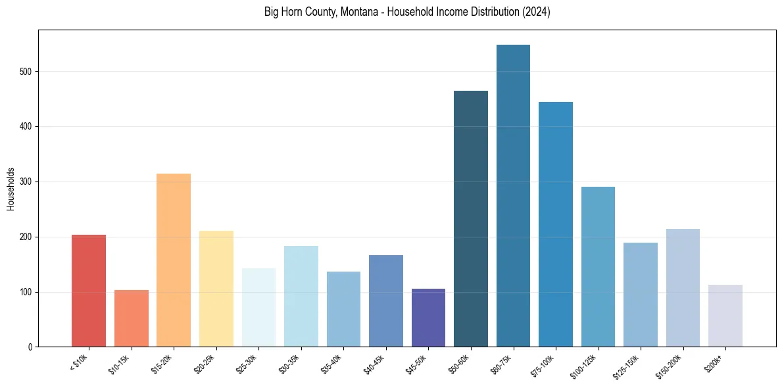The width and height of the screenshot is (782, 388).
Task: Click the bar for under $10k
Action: [89, 291]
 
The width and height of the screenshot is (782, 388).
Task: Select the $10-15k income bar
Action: [131, 318]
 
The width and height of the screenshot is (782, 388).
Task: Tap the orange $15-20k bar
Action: [174, 260]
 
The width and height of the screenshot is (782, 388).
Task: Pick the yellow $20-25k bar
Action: [216, 289]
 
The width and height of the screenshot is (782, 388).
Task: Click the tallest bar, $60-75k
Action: [513, 196]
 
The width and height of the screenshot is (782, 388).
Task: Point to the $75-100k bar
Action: [556, 224]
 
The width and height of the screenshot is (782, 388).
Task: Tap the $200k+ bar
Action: [725, 316]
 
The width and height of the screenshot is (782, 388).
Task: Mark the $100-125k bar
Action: [598, 267]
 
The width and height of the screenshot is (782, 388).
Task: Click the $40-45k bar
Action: [386, 301]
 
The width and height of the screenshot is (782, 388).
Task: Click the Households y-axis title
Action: [11, 189]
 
